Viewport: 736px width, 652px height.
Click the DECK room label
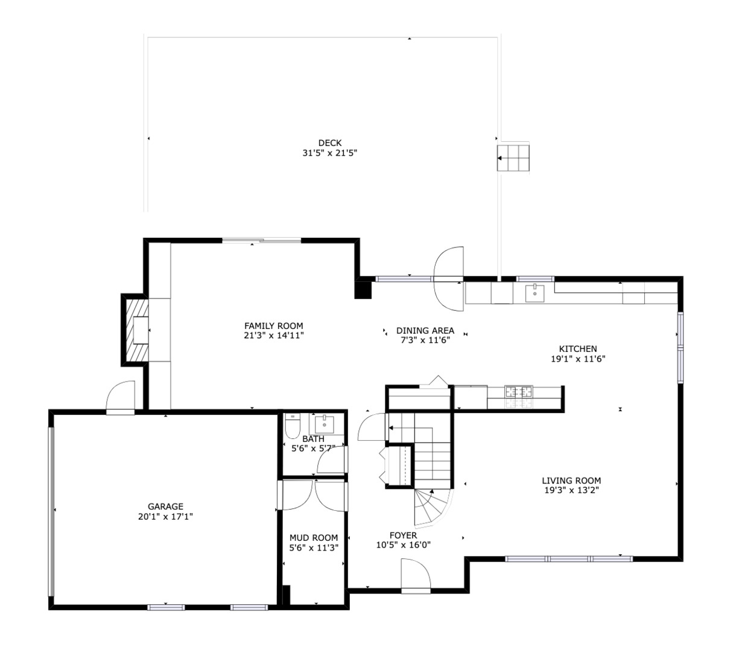[x=330, y=143]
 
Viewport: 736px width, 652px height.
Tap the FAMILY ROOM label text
[x=273, y=326]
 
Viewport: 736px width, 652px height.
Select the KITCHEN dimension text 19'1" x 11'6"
[x=577, y=359]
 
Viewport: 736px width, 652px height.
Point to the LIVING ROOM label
[x=571, y=481]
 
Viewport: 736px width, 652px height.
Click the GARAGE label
[x=165, y=507]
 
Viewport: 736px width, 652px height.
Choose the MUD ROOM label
[x=314, y=537]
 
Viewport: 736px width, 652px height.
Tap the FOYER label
[x=403, y=535]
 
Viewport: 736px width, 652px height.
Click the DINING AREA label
[x=425, y=330]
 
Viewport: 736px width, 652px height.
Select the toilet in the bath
[x=293, y=426]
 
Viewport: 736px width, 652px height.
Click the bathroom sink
[x=325, y=421]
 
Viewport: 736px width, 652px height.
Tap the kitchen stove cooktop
[x=519, y=391]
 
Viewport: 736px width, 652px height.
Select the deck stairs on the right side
[x=513, y=158]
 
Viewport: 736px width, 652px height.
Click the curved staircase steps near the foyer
[x=431, y=507]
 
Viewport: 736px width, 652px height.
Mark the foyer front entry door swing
[x=414, y=574]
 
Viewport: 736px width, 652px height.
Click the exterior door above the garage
[x=121, y=398]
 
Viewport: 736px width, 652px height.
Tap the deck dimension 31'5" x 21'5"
[x=330, y=153]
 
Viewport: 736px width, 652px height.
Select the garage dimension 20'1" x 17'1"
[x=165, y=517]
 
